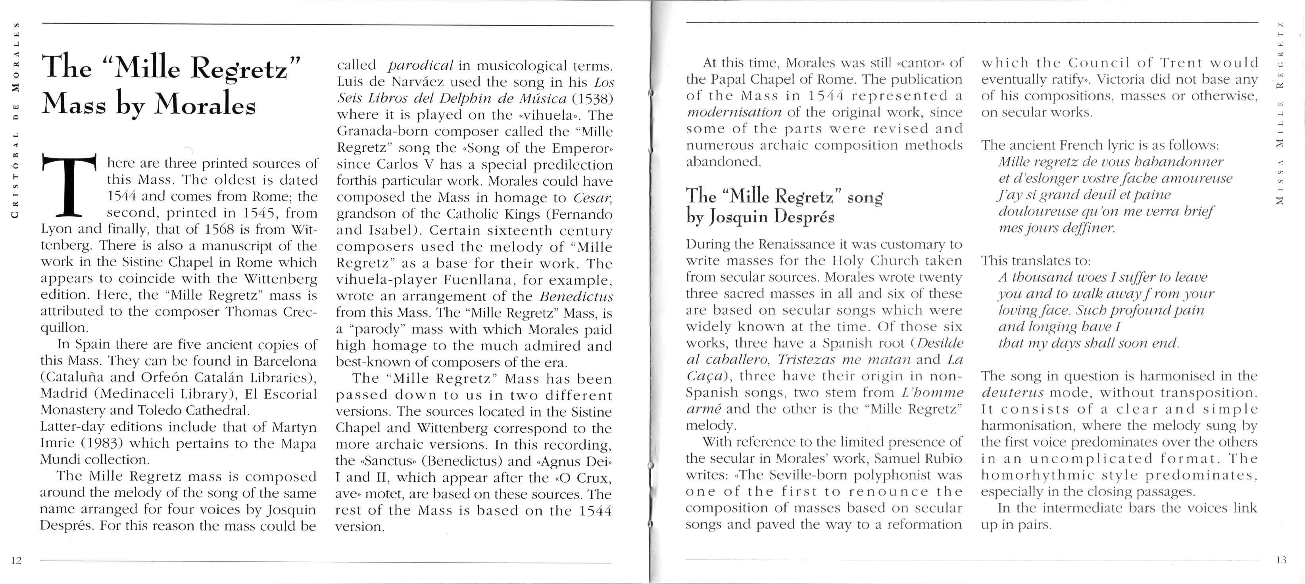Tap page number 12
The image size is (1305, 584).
tap(16, 560)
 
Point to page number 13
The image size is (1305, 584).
tap(1281, 560)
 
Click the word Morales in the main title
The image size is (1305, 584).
tap(205, 104)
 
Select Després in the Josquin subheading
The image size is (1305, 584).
tap(806, 217)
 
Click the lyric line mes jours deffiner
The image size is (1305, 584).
tap(1056, 228)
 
